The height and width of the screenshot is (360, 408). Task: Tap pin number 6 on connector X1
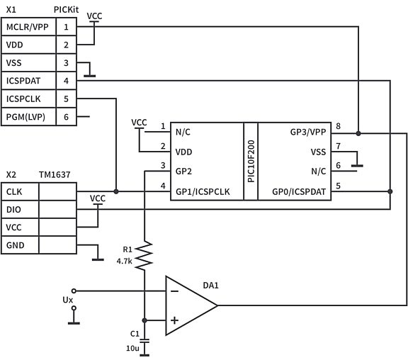tap(66, 117)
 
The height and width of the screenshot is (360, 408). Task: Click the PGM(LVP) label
tap(25, 117)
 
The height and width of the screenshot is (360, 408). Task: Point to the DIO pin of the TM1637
tap(13, 210)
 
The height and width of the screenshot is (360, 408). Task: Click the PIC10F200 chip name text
tap(250, 161)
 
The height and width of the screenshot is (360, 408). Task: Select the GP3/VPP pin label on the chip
tap(307, 131)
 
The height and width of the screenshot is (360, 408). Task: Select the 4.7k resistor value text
tap(125, 260)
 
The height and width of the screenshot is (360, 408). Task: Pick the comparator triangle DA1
tap(188, 305)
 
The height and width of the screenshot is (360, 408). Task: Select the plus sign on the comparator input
tap(174, 320)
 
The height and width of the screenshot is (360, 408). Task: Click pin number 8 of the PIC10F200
tap(339, 127)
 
